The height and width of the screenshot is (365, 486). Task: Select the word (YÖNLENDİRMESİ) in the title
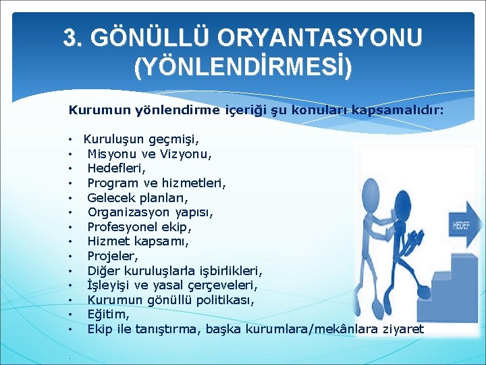242,67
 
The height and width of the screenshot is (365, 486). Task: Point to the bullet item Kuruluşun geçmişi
141,139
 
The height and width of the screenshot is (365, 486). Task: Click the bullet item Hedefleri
116,168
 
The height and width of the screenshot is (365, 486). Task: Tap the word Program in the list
112,182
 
